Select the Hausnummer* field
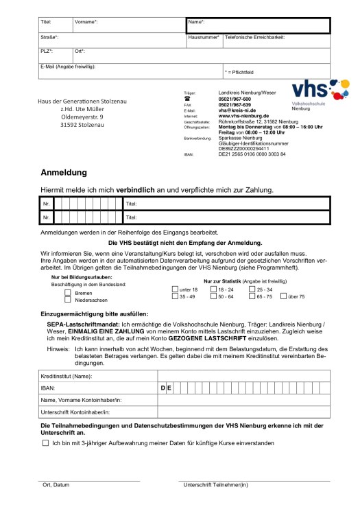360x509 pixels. click(x=204, y=42)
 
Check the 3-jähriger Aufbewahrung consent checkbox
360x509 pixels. click(x=45, y=443)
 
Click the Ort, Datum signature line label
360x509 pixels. click(x=53, y=486)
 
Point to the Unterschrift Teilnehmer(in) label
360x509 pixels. click(x=215, y=486)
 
